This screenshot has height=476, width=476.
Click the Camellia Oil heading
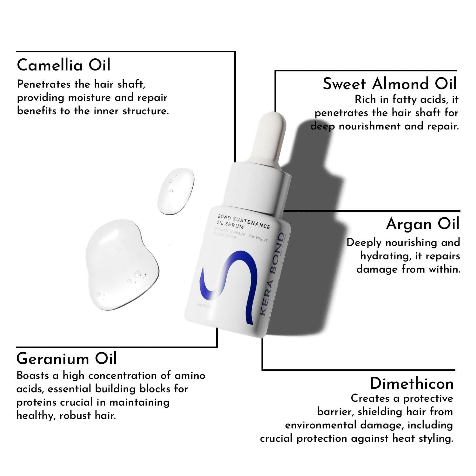[x=63, y=65]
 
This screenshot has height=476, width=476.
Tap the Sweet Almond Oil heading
[x=389, y=84]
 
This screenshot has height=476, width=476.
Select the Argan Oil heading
[x=423, y=224]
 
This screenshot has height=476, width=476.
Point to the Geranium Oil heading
[x=67, y=359]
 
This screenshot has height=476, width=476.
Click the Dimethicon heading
[x=412, y=384]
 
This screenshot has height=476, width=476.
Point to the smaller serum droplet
[x=175, y=191]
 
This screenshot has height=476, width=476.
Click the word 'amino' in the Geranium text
[x=190, y=376]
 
